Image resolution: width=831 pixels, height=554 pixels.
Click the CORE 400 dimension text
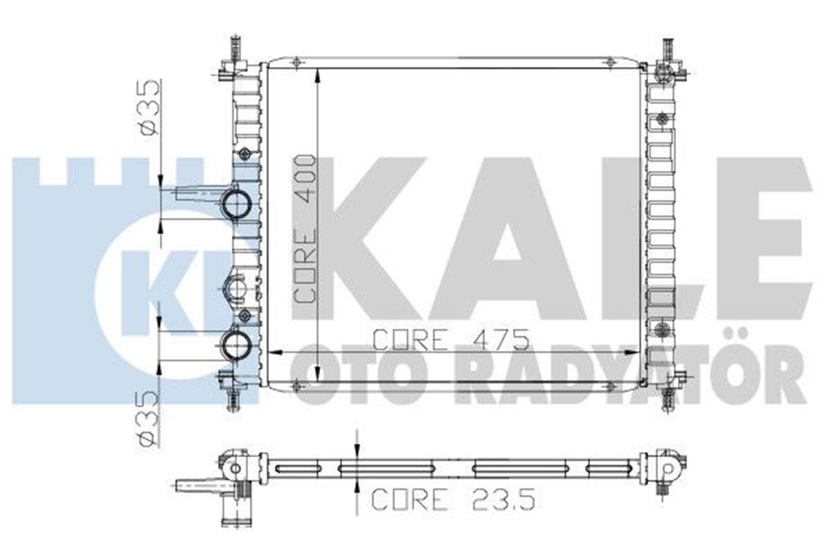tap(305, 229)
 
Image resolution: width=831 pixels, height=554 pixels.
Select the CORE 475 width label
tap(451, 339)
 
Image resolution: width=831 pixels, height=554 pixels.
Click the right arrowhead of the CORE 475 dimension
tap(638, 352)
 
